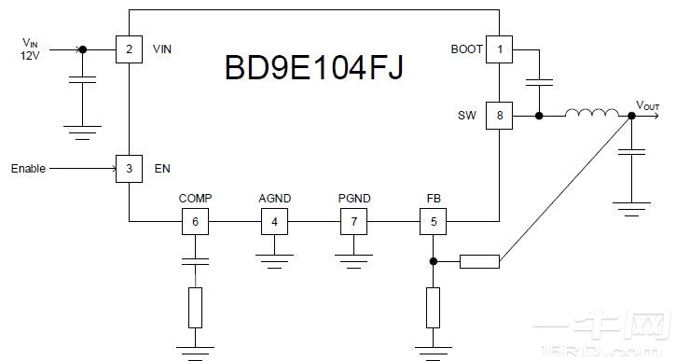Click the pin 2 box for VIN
tap(129, 49)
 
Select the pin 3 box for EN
tap(129, 169)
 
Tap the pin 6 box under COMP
tap(194, 222)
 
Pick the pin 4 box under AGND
tap(274, 222)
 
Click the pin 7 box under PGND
tap(353, 222)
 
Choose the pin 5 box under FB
tap(433, 222)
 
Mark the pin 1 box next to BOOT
tap(500, 49)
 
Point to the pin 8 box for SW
tap(500, 117)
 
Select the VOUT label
tap(648, 104)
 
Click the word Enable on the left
tap(28, 169)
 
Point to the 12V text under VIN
tap(32, 56)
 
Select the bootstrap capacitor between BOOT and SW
tap(539, 83)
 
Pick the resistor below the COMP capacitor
tap(194, 307)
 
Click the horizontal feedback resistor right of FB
tap(480, 262)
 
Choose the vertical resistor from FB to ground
tap(433, 307)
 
